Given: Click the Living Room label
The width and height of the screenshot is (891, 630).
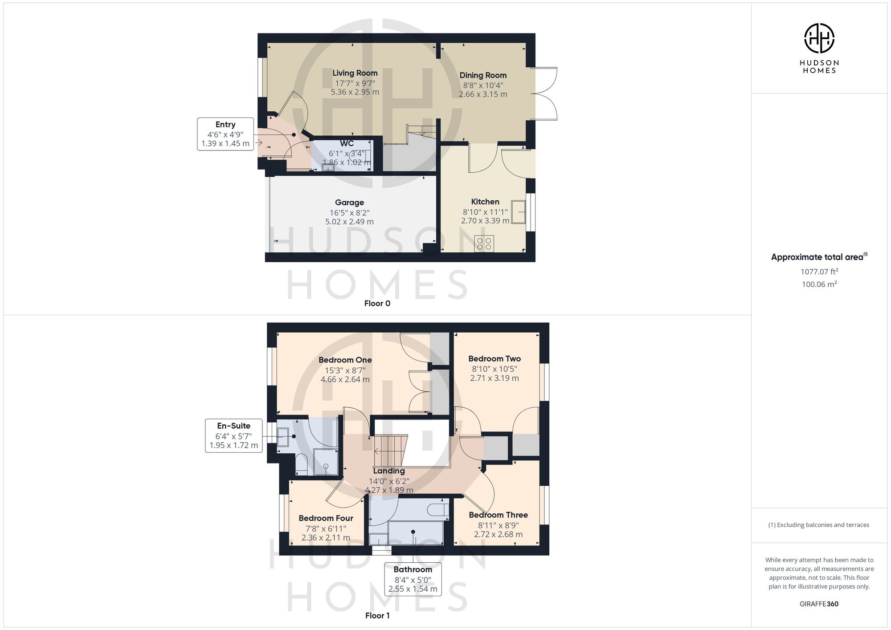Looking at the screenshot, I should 355,73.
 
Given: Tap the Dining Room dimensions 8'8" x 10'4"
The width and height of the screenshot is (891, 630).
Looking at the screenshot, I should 483,85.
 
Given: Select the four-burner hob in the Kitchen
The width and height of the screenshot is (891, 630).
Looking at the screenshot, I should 484,244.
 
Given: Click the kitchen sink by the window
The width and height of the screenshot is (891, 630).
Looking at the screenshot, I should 519,211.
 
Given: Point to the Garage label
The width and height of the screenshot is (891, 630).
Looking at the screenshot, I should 349,203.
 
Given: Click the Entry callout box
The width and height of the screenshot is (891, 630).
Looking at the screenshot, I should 225,134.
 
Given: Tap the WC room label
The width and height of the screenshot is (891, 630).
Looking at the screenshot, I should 347,143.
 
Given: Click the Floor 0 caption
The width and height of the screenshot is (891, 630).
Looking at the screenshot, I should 377,304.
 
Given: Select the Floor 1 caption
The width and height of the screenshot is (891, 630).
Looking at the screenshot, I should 377,616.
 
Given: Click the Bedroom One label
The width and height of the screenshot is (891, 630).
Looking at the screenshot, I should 345,360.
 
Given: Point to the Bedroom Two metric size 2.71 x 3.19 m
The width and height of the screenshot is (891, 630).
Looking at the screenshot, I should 495,378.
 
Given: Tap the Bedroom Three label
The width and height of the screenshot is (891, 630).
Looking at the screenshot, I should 498,515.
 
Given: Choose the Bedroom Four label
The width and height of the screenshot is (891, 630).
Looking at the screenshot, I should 326,518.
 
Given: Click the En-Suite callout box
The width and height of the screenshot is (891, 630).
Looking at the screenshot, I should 234,435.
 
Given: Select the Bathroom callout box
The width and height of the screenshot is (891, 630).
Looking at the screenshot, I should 413,579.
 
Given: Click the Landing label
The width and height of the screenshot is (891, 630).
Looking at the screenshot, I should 389,471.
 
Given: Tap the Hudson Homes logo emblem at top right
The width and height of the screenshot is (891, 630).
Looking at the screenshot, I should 819,38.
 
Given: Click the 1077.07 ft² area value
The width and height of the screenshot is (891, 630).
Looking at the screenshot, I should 819,272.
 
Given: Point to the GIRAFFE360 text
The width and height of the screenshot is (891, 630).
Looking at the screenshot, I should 819,604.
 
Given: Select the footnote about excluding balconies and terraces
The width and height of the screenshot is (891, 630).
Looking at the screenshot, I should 819,525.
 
